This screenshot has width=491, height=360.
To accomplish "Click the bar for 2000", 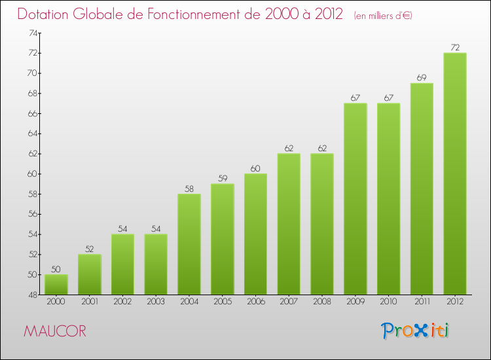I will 56,284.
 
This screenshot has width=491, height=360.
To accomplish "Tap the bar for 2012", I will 455,173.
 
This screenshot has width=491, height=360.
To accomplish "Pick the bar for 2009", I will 355,199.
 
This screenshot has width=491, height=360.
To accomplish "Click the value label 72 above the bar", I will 455,47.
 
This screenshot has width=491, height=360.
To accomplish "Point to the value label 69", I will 422,78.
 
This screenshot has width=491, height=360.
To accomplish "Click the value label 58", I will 189,189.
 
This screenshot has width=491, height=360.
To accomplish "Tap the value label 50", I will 56,269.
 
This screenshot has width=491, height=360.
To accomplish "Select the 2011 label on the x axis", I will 422,302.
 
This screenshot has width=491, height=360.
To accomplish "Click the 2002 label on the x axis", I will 122,302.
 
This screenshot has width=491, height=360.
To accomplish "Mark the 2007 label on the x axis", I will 289,302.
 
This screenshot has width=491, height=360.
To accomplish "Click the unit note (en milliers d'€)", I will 382,15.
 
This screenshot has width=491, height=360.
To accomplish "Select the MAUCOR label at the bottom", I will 54,331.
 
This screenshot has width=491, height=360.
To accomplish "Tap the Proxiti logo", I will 415,330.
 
